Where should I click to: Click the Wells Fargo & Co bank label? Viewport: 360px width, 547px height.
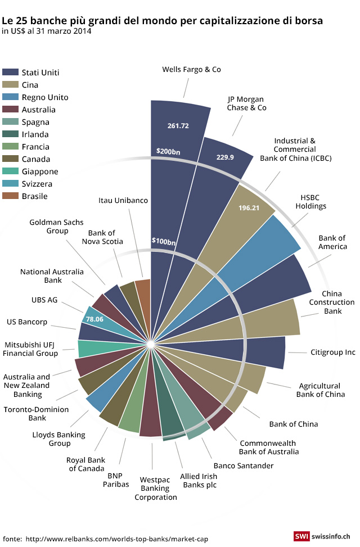click(191, 70)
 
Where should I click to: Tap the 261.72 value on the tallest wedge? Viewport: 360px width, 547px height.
click(178, 125)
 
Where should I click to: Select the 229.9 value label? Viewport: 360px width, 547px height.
click(225, 157)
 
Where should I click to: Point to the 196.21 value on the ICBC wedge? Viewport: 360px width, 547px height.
click(249, 208)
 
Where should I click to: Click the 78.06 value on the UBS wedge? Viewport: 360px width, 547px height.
click(93, 319)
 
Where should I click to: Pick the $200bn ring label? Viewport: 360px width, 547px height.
click(168, 151)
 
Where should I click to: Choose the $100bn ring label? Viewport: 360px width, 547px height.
click(163, 241)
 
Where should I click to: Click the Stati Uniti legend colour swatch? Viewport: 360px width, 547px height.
click(10, 73)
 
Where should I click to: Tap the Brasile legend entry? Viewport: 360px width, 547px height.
click(34, 196)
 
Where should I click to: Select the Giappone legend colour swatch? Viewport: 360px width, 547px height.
click(10, 171)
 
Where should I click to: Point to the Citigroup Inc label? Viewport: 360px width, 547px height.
click(333, 352)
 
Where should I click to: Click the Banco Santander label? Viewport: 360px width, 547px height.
click(243, 465)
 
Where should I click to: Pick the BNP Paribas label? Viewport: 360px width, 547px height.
click(118, 480)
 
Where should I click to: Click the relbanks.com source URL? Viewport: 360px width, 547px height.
click(116, 539)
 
